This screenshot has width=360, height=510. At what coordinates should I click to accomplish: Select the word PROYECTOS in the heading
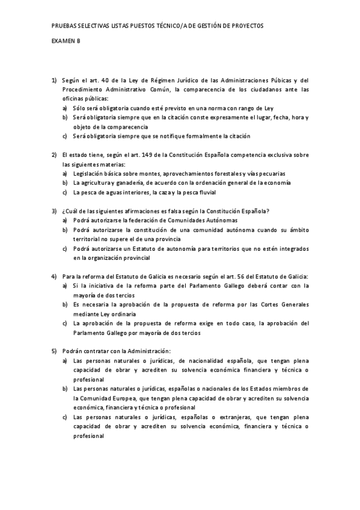(x=246, y=26)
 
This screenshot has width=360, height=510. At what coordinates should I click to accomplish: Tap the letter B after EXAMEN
(x=78, y=41)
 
